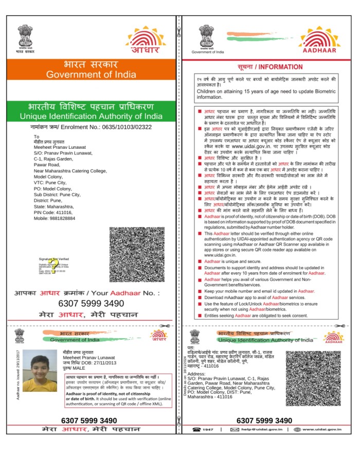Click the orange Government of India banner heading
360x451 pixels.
91,70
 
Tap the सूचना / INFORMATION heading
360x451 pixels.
270,67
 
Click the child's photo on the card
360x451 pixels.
37,370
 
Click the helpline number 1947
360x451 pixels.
208,429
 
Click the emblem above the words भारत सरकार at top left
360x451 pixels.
25,34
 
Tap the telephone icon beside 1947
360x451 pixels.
196,429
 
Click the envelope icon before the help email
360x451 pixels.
235,429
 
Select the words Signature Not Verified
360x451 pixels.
54,258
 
